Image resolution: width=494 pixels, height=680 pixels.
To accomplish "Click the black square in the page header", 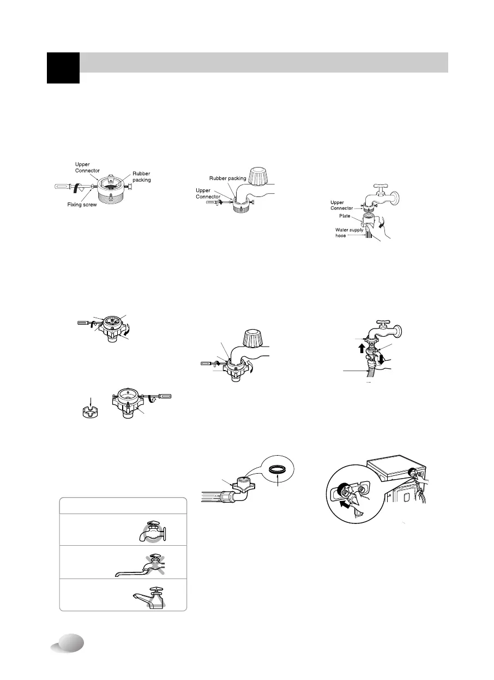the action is [x=63, y=68].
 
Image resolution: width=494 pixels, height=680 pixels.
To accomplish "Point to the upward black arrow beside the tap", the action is [x=360, y=347].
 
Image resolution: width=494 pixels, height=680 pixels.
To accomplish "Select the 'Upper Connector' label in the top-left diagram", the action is [x=87, y=167].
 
